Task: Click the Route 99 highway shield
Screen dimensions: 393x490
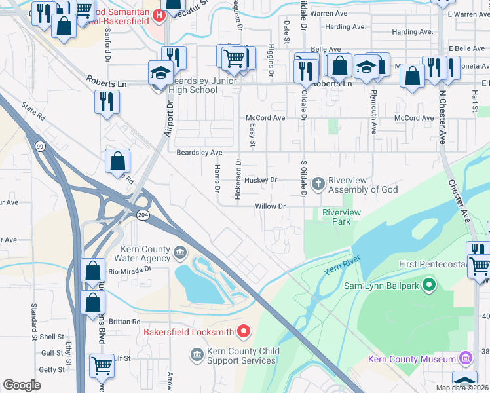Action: [x=40, y=147]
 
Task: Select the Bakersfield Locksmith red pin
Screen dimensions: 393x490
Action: [x=244, y=331]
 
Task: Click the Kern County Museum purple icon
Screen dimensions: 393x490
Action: [x=465, y=358]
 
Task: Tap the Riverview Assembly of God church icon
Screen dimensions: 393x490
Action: [x=319, y=184]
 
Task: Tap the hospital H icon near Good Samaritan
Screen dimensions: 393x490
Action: [x=157, y=14]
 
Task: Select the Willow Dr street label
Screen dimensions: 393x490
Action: [x=271, y=206]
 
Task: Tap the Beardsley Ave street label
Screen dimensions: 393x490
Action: [x=199, y=152]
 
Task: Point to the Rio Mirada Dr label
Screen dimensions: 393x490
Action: [x=130, y=268]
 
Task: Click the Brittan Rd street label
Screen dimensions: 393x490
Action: [x=126, y=322]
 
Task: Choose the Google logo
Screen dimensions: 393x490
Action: [x=22, y=385]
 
